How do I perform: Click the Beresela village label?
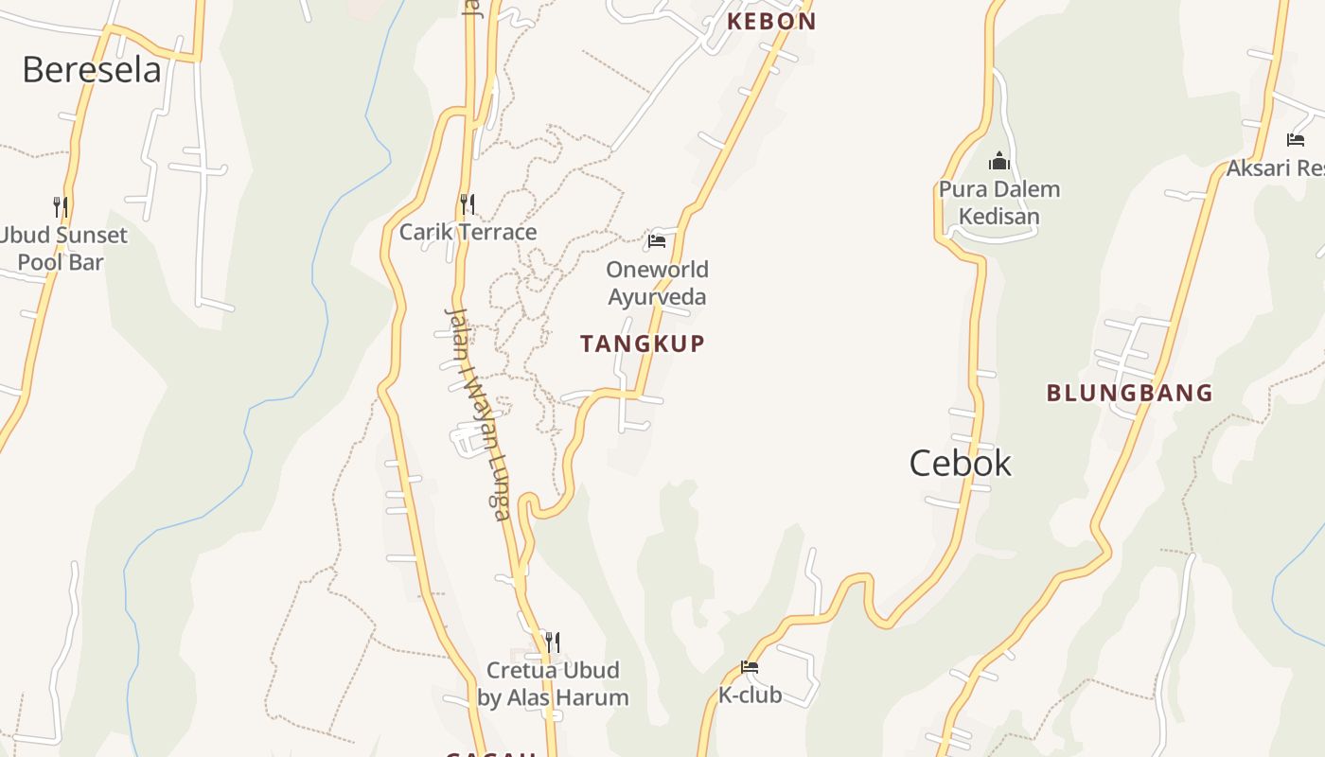92,70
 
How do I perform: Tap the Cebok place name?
960,463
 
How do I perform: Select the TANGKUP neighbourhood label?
643,343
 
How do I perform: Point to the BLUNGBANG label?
1129,393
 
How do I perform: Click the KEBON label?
770,21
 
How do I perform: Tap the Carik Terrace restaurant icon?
467,203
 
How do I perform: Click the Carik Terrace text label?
468,232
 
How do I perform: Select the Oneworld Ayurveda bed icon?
657,241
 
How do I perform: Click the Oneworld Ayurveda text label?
657,283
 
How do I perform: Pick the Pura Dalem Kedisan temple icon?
999,162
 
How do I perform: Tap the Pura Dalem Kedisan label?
999,202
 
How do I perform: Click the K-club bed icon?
750,667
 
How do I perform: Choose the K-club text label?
750,695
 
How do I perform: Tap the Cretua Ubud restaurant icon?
553,643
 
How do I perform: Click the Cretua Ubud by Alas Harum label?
553,684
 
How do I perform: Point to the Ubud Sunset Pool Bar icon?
60,206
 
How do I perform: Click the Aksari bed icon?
1296,140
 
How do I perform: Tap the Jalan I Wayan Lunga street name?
478,414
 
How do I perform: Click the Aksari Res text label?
1275,168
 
